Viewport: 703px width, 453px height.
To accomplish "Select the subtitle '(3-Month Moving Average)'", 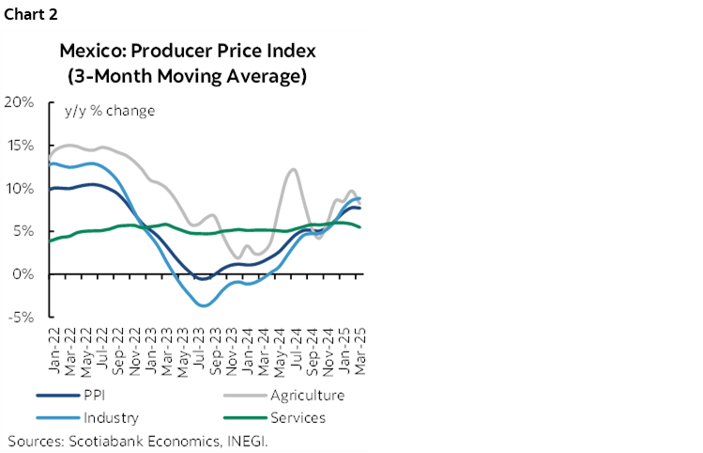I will click(x=188, y=75).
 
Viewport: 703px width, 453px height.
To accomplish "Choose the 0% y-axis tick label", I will click(x=23, y=274).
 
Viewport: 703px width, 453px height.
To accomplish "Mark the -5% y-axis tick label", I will click(x=21, y=318).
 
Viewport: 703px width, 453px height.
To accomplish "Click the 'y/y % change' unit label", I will click(x=109, y=110).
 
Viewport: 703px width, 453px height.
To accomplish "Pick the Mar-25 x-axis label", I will click(x=361, y=345).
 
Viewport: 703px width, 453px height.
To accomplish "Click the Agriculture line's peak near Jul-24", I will click(x=294, y=169).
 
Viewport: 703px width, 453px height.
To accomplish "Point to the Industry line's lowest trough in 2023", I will click(x=202, y=305).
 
